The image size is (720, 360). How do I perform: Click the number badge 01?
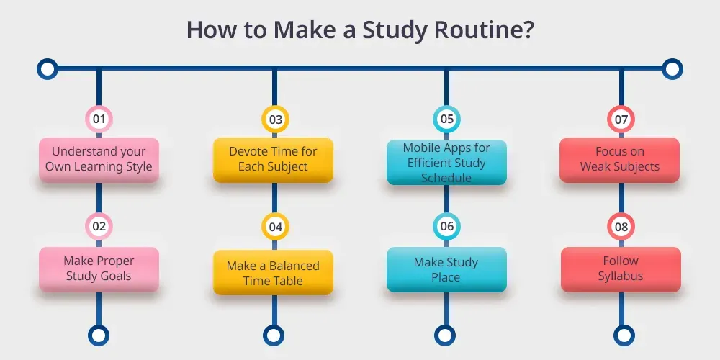[99, 120]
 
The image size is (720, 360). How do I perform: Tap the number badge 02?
[99, 226]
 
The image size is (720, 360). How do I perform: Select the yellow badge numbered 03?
[275, 120]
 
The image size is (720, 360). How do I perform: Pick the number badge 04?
[275, 226]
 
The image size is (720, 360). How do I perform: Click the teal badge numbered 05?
[447, 120]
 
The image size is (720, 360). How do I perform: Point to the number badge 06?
[447, 226]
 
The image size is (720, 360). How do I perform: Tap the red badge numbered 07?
[621, 120]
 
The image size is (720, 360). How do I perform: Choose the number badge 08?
[621, 226]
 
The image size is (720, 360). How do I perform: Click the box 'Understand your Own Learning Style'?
[99, 160]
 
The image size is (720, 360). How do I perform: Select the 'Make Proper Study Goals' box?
[99, 269]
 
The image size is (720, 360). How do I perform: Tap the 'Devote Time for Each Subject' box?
[273, 160]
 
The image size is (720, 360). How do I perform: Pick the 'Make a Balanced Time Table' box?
[273, 272]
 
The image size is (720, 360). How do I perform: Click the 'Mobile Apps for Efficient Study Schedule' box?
[447, 163]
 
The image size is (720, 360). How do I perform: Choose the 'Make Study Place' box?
[447, 269]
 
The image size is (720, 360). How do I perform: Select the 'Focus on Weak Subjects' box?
[619, 160]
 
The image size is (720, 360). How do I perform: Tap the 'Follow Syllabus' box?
[621, 269]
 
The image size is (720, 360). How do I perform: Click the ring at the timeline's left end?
[48, 69]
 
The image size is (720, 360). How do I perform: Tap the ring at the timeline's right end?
[672, 69]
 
